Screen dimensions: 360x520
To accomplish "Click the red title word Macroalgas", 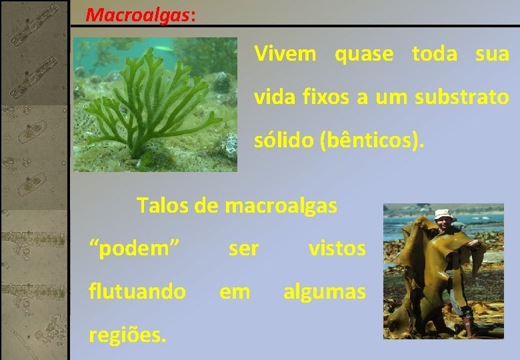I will click(x=138, y=14).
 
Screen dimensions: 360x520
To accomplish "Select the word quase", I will click(x=364, y=54).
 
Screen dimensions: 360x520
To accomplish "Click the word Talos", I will click(x=159, y=205).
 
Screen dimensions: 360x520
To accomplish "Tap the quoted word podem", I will click(x=135, y=249).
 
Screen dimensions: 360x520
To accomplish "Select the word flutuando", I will click(x=137, y=291).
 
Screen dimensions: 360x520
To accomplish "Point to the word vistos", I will click(x=337, y=249).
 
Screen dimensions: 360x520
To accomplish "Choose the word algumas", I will click(x=325, y=291).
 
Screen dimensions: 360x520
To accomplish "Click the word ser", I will click(x=243, y=249).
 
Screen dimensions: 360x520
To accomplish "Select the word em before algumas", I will click(x=235, y=291).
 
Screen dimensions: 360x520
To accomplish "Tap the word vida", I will click(x=273, y=98).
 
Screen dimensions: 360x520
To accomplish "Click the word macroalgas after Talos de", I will click(x=281, y=205).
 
